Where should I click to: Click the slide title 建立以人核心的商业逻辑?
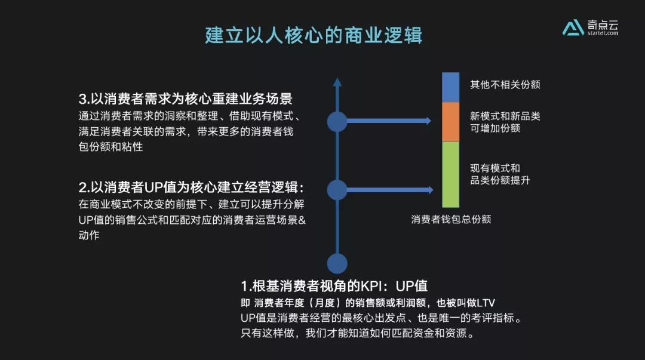(x=314, y=35)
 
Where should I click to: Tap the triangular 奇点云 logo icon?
(x=573, y=27)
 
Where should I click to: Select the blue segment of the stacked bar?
(x=450, y=87)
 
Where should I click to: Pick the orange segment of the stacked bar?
(x=450, y=122)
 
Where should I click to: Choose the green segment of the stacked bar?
(x=450, y=174)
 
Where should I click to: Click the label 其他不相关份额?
(x=505, y=85)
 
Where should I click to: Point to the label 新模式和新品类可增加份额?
(x=505, y=122)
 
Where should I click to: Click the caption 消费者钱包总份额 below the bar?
(x=451, y=219)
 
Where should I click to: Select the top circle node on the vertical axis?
(x=337, y=121)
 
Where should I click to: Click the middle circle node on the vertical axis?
(x=337, y=190)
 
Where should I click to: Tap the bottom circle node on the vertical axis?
(x=337, y=263)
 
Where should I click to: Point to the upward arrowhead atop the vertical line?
(x=337, y=82)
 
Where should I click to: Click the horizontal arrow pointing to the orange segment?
(x=388, y=121)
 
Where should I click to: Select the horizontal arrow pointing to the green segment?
(x=388, y=190)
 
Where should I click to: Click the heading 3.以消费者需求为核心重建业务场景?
(x=185, y=99)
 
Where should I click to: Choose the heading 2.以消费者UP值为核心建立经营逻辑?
(x=200, y=187)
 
